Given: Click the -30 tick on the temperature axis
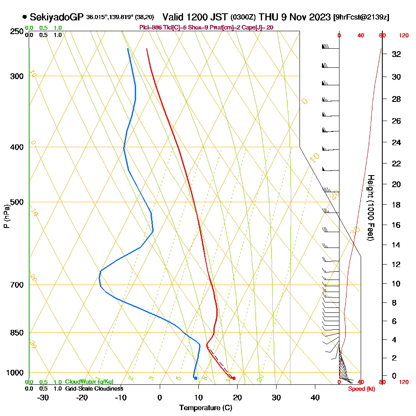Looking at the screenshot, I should coord(43,397).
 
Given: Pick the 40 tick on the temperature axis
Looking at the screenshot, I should coord(315,397).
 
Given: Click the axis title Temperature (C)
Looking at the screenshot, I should coord(206,408).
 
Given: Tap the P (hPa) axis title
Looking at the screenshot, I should coord(6,216).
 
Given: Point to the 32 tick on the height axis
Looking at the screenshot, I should coord(396,54).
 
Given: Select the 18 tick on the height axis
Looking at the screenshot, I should coord(396,205).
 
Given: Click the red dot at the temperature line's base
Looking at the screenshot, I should coord(234,378).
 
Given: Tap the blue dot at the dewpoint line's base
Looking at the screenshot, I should coord(196,378).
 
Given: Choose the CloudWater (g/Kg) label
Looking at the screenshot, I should coord(89,382).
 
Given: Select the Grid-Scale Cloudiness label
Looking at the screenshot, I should coord(94,389).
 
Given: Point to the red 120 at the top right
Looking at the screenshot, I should coord(404,36).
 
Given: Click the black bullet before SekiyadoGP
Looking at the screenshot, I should coord(25,17).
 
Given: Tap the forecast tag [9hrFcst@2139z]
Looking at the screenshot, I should coord(361,17).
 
